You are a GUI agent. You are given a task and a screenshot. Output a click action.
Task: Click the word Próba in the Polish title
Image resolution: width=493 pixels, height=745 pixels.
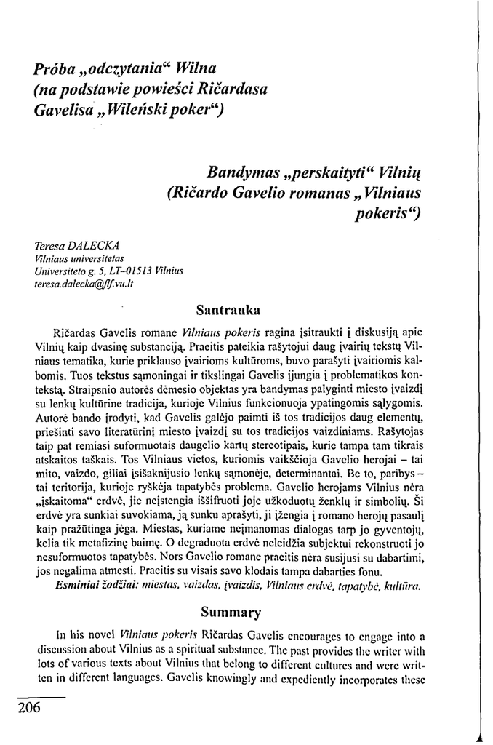(52, 70)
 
